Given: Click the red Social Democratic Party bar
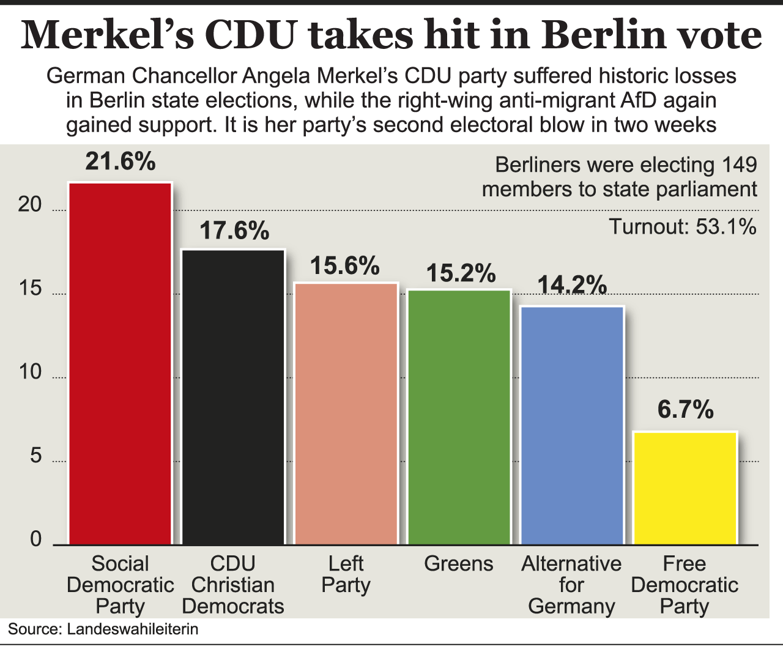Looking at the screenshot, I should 120,364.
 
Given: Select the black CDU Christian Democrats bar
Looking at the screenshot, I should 233,398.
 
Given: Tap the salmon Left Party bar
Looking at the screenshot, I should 346,414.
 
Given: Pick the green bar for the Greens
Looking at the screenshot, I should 459,417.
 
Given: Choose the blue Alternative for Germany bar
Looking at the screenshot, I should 572,426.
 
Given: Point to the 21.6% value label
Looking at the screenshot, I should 121,161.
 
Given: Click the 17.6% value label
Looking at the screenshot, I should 234,231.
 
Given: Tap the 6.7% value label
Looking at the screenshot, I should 686,410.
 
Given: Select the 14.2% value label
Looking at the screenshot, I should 572,285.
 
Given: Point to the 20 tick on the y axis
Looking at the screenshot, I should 30,205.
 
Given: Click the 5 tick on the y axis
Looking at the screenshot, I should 35,456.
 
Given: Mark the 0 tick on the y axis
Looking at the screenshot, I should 35,539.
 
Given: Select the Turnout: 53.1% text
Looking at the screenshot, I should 683,227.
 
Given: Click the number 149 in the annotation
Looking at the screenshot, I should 739,165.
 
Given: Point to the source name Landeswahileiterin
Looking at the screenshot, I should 133,629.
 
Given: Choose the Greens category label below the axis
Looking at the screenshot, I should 459,563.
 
